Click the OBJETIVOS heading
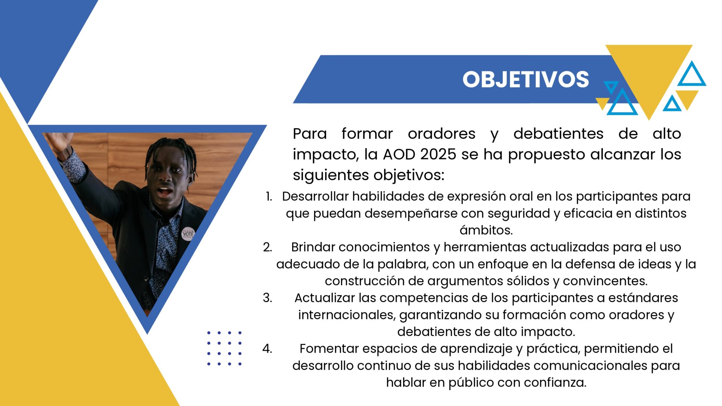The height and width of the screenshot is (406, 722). [x=525, y=79]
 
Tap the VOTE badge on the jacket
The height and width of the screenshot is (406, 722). [x=188, y=234]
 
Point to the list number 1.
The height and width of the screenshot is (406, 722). [x=268, y=196]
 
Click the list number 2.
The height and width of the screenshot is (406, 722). [x=267, y=247]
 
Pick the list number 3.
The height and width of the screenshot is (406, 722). [x=267, y=298]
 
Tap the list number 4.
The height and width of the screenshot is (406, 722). [x=267, y=348]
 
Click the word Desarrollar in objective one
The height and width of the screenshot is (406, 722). [x=315, y=196]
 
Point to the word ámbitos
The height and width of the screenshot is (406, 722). [x=486, y=230]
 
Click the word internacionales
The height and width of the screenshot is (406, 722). [x=347, y=315]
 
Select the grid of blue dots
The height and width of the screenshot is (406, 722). [x=224, y=348]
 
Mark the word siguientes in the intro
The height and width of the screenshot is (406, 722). [x=331, y=175]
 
